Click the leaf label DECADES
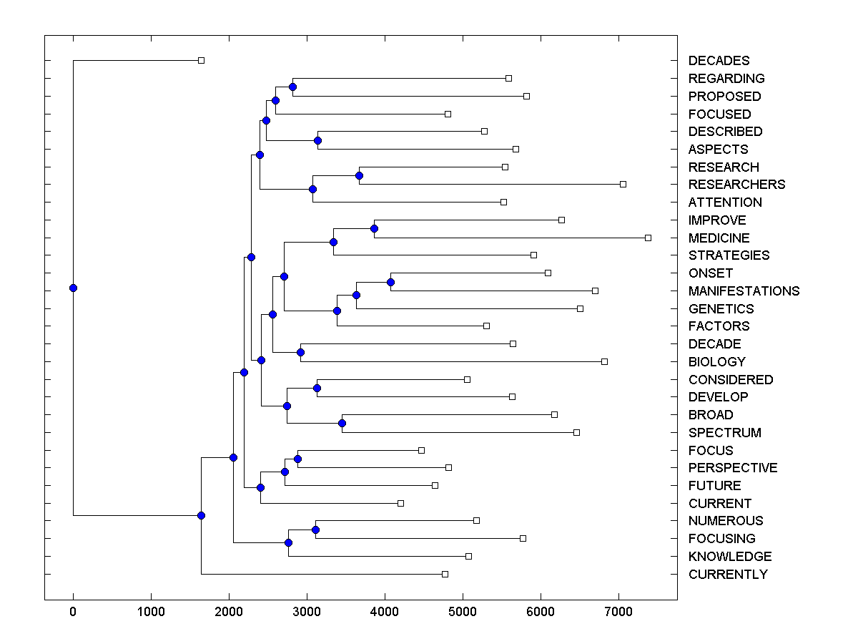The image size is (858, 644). (719, 61)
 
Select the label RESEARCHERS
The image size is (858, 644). (736, 185)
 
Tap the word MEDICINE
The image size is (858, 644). (719, 238)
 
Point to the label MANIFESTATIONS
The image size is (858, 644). (744, 291)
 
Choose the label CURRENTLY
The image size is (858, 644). (728, 575)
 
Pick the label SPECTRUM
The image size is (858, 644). (724, 433)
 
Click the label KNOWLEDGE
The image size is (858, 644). (730, 557)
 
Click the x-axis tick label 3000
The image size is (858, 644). (307, 613)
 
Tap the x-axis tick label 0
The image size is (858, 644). (73, 613)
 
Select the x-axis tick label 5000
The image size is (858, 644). (463, 613)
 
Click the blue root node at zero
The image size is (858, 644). (73, 288)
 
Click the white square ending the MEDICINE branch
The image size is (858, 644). (648, 238)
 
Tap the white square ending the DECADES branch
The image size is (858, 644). (201, 60)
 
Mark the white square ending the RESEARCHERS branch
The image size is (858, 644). (623, 184)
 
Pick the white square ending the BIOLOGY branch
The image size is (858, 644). (604, 361)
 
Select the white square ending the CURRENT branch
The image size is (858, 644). (400, 503)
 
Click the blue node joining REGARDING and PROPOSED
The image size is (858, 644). (292, 87)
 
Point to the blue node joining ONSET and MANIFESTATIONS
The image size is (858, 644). (390, 282)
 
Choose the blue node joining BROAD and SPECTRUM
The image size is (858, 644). (342, 424)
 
